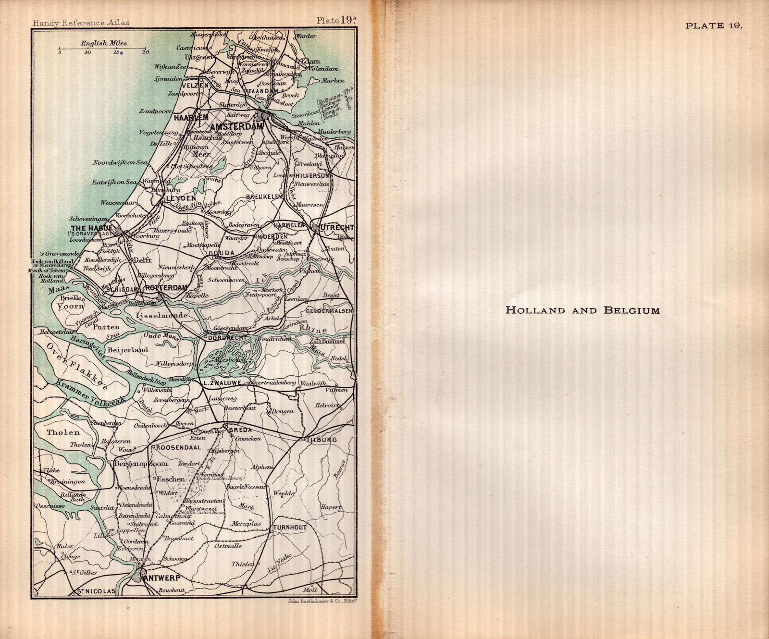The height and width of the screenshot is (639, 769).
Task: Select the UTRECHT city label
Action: click(336, 227)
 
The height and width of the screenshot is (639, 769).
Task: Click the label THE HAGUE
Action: click(91, 228)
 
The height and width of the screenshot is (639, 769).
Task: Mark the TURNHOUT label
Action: click(289, 527)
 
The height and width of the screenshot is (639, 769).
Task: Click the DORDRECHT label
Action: click(227, 338)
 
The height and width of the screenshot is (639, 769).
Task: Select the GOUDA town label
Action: click(222, 253)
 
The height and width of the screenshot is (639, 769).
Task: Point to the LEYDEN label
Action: click(181, 198)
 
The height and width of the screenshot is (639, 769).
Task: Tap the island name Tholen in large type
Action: click(63, 432)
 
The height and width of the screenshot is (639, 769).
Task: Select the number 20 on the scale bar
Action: click(145, 52)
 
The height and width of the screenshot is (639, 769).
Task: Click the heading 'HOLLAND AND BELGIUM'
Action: click(583, 310)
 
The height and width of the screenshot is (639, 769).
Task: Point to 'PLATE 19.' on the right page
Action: click(714, 26)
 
